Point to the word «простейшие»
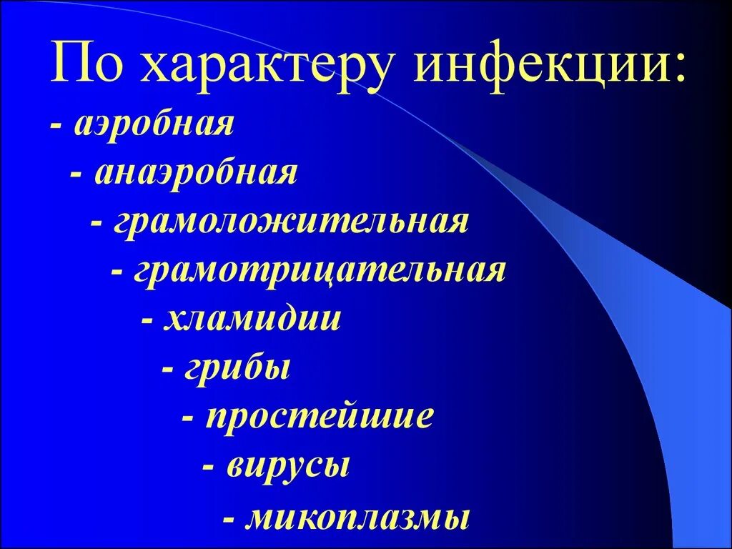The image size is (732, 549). (320, 417)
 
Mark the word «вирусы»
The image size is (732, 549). (289, 467)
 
